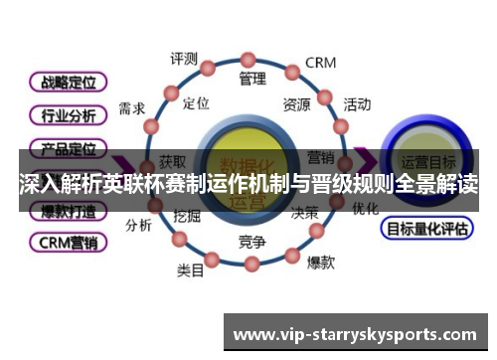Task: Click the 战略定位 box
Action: [x=68, y=81]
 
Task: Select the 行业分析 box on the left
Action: [x=68, y=115]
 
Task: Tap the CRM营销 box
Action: [x=68, y=242]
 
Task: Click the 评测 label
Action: [x=184, y=58]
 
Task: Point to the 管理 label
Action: [x=253, y=78]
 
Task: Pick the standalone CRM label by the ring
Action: [x=320, y=63]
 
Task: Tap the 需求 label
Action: [x=132, y=106]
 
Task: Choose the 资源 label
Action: [x=296, y=103]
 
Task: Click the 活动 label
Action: [x=357, y=103]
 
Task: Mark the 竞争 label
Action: [x=252, y=241]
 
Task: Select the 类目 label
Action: [x=191, y=270]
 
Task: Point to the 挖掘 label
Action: [x=187, y=215]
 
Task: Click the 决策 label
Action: [x=304, y=212]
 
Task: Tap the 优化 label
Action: [x=365, y=209]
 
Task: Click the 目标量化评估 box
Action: [x=425, y=229]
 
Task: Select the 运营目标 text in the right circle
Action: [x=427, y=160]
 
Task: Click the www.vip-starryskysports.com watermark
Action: [x=353, y=333]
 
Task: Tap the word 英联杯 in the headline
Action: [x=129, y=184]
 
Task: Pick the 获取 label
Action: [x=172, y=162]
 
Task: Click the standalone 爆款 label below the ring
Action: [x=320, y=263]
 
